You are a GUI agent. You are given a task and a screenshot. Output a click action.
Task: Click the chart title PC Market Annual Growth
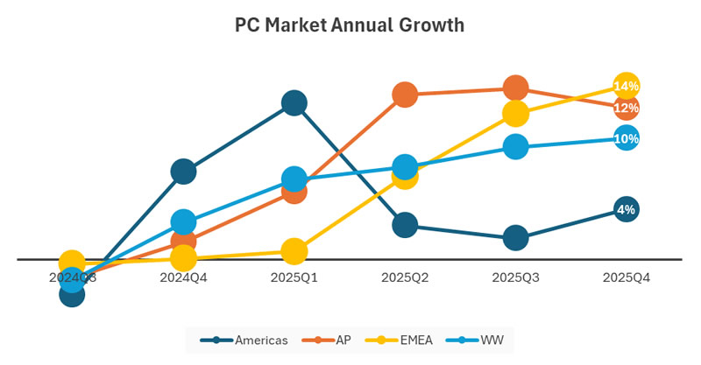[x=350, y=25]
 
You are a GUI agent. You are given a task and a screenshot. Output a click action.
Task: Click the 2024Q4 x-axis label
[x=183, y=277]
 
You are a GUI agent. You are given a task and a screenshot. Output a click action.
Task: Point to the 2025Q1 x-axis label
[x=294, y=277]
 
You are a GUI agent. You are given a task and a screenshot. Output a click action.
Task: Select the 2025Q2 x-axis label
[x=405, y=277]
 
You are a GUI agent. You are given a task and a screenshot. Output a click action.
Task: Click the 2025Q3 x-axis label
[x=515, y=277]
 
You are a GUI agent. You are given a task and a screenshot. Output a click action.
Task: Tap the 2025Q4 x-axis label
[x=626, y=277]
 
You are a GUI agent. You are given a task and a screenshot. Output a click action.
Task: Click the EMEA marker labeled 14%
[x=626, y=86]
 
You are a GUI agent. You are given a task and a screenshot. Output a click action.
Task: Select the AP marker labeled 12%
[x=626, y=108]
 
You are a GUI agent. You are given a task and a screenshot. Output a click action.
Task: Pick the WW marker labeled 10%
[x=626, y=137]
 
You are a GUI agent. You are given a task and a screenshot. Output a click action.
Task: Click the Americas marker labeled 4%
[x=626, y=209]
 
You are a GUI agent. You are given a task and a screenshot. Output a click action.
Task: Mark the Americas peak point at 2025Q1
[x=294, y=103]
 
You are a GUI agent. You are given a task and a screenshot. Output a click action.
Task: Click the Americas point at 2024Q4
[x=183, y=172]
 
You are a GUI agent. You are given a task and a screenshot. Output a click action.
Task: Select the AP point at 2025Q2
[x=405, y=95]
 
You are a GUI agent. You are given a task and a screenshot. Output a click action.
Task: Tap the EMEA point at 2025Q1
[x=294, y=251]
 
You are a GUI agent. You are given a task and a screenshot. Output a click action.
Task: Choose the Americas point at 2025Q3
[x=515, y=237]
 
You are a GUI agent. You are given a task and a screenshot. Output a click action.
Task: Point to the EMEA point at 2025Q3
[x=515, y=113]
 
